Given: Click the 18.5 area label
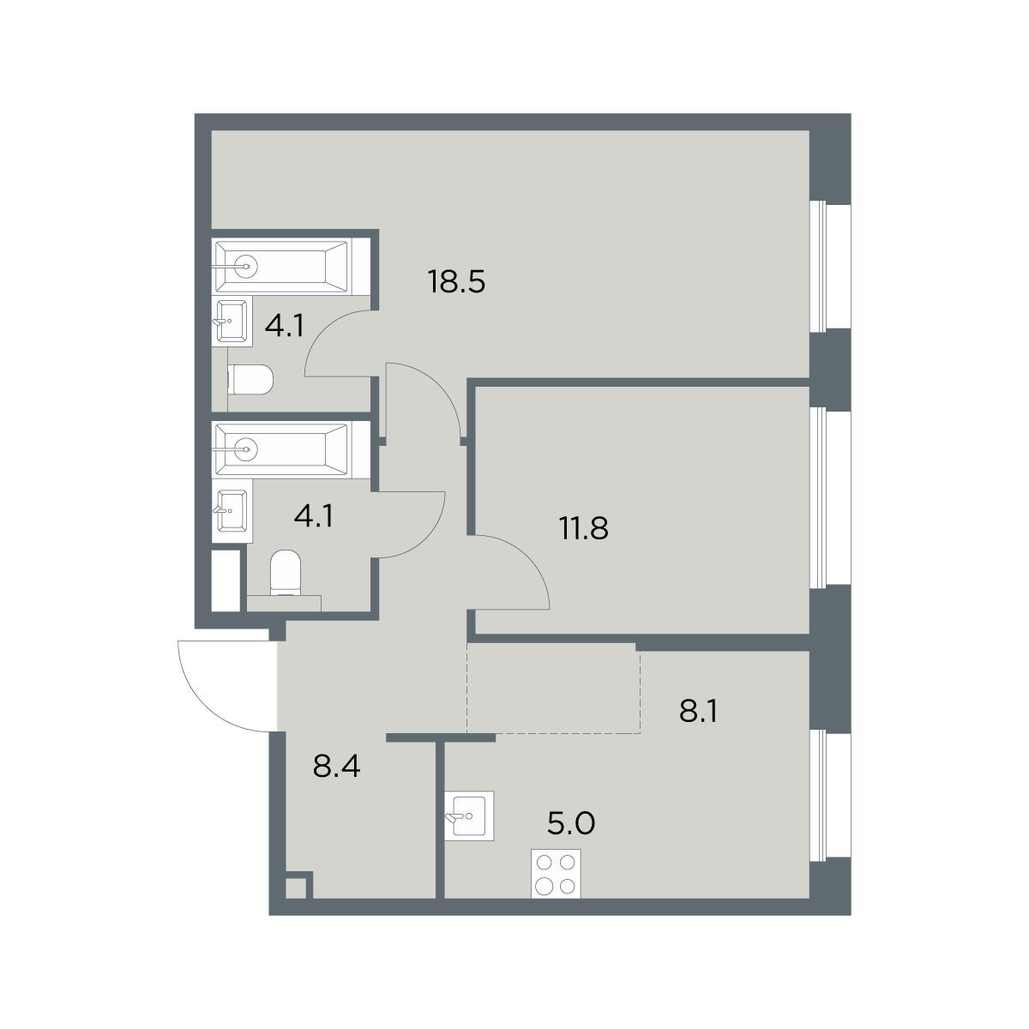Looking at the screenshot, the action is [x=456, y=282].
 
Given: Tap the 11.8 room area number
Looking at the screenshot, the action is [x=584, y=529].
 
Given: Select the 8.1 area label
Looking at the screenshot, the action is [x=698, y=711].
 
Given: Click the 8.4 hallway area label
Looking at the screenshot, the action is [x=336, y=766].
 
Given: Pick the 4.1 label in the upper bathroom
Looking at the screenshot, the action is [x=285, y=325].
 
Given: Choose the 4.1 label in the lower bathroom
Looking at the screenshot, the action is [x=314, y=516].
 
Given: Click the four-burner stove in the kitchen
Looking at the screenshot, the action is [x=556, y=874].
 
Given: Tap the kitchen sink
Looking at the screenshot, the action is [x=469, y=816].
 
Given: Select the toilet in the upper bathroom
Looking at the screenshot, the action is [x=250, y=380].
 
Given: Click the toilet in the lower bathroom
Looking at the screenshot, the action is [x=286, y=574].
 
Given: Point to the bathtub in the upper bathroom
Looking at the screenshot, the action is [x=291, y=266].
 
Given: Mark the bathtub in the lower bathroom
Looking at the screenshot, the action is [x=291, y=449].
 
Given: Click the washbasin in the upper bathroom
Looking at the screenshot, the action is [x=232, y=322].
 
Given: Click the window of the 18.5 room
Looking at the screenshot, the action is [x=830, y=265].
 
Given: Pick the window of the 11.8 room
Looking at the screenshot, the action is [x=830, y=498].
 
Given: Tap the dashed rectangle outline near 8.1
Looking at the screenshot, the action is [x=554, y=688].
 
